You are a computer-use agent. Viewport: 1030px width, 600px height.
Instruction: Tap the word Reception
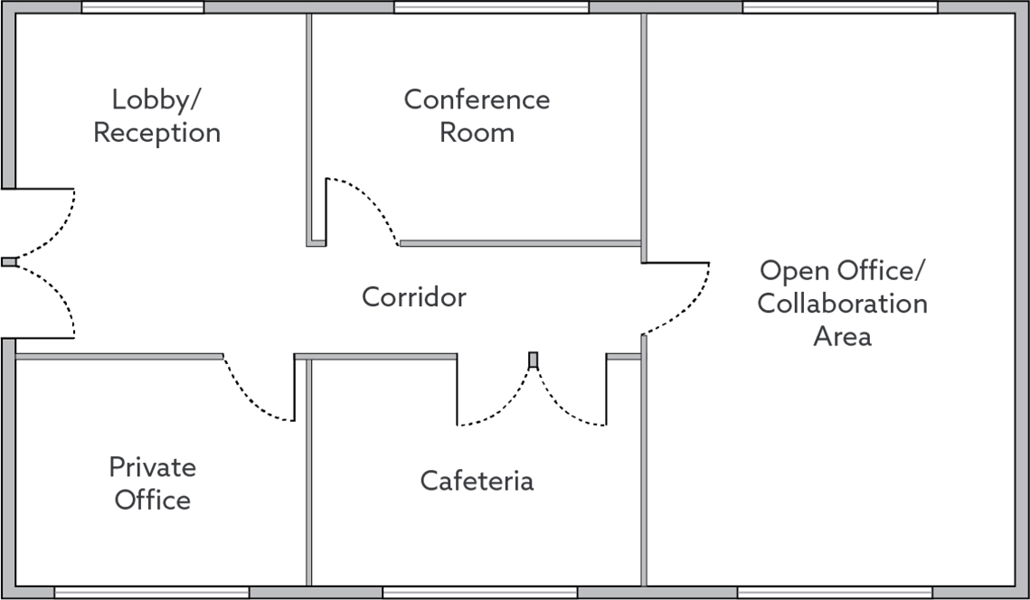coord(156,132)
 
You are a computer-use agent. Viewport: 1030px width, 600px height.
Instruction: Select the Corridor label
coord(414,296)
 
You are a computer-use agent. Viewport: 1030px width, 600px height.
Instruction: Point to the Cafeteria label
coord(477,480)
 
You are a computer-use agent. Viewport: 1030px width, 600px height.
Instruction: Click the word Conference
coord(477,98)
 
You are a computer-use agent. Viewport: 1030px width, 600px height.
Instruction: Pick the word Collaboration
coord(842,303)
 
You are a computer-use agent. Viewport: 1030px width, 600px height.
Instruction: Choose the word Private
coord(152,467)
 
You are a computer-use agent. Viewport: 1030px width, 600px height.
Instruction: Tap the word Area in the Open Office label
coord(842,336)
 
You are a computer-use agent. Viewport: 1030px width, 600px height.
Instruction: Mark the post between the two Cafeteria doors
coord(533,360)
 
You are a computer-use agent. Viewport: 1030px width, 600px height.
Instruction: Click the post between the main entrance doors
coord(9,262)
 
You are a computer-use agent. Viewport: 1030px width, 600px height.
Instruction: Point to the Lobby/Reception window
coord(143,7)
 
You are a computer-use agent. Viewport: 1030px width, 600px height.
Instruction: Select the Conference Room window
coord(491,7)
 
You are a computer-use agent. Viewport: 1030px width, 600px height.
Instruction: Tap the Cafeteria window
coord(479,593)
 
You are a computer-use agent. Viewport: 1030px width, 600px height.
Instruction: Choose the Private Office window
coord(151,593)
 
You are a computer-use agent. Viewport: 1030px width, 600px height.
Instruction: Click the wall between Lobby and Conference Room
coord(309,127)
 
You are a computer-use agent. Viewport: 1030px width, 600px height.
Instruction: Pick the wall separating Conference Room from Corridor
coord(520,243)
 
